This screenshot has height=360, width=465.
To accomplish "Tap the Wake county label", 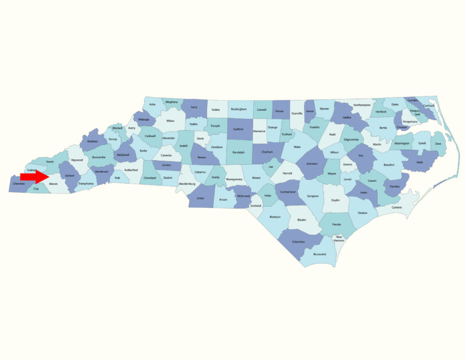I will pyautogui.click(x=297, y=147).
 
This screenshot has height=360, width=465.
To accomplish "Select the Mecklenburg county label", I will pyautogui.click(x=187, y=183).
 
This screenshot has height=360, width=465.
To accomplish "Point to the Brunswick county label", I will pyautogui.click(x=319, y=254).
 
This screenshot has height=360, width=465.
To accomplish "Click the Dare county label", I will pyautogui.click(x=438, y=144).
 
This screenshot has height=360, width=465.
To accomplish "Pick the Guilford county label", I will pyautogui.click(x=238, y=129).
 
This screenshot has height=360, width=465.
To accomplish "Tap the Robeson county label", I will pyautogui.click(x=275, y=216).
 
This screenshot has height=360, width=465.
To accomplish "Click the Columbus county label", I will pyautogui.click(x=298, y=242).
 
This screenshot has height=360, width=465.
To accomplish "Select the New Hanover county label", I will pyautogui.click(x=339, y=238).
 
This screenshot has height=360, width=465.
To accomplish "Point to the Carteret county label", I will pyautogui.click(x=397, y=207).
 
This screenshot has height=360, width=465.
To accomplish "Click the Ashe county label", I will pyautogui.click(x=153, y=105).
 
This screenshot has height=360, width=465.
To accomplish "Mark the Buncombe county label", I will pyautogui.click(x=98, y=157).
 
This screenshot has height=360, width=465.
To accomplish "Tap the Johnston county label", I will pyautogui.click(x=312, y=164).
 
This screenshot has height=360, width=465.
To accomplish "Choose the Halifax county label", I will pyautogui.click(x=347, y=118).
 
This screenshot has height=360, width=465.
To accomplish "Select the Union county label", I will pyautogui.click(x=200, y=198).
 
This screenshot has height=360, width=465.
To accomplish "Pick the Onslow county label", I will pyautogui.click(x=363, y=212).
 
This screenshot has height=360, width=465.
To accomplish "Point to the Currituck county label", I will pyautogui.click(x=429, y=106).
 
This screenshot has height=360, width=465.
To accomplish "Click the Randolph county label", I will pyautogui.click(x=238, y=152).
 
